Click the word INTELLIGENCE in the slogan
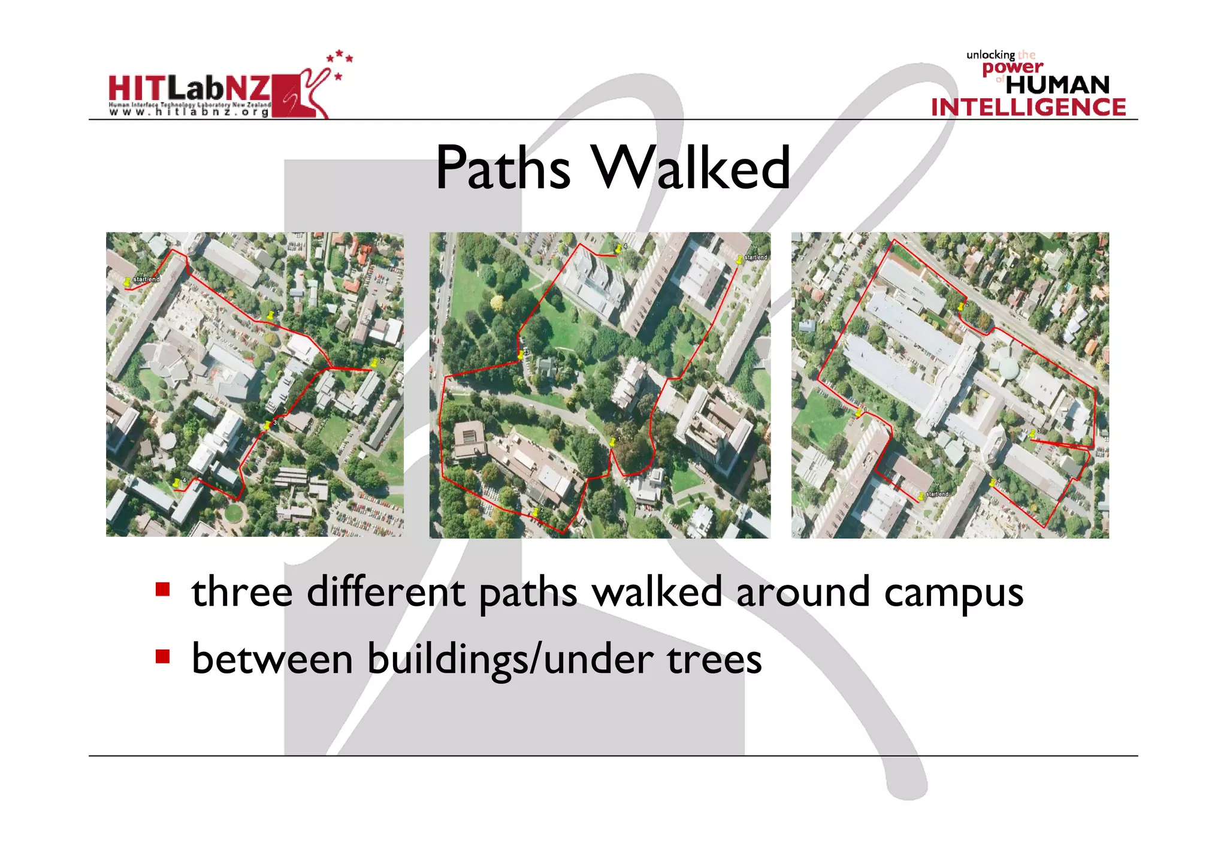1028,108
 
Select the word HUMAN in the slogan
1057,85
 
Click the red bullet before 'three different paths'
162,589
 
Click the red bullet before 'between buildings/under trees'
162,657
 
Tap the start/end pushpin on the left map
127,282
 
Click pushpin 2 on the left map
375,362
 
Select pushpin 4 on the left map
176,483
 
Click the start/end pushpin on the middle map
740,259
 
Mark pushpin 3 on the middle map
521,355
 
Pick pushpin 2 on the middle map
536,512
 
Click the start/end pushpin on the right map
921,496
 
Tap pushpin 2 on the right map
960,306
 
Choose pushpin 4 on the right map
992,482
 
